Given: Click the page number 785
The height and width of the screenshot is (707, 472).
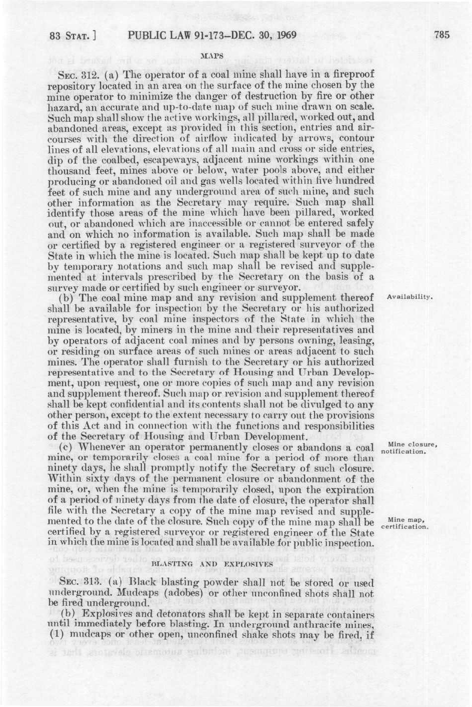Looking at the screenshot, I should tap(442, 35).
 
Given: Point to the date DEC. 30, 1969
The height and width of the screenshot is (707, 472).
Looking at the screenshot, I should tap(261, 35).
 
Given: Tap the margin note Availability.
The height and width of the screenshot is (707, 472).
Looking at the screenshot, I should tap(409, 297).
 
